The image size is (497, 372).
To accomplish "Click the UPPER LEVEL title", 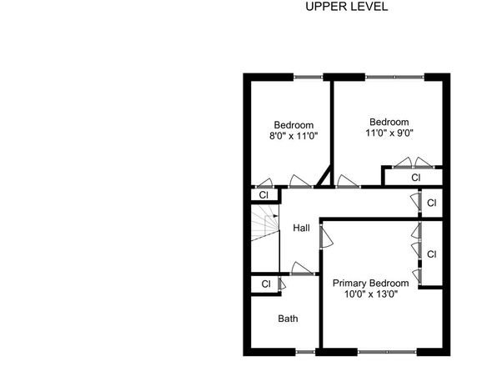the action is (346, 7).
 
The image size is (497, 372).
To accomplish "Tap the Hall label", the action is (301, 228).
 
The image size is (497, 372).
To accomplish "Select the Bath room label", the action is (288, 319).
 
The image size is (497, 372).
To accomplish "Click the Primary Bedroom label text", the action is (370, 283).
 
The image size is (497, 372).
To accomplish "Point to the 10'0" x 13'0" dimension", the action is (371, 294).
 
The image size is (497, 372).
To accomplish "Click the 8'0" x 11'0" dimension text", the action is (294, 136).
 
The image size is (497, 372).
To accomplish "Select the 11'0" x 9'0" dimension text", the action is (389, 133).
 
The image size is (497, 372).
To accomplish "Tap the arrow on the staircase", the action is (275, 216).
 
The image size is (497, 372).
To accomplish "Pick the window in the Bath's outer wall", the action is (305, 352).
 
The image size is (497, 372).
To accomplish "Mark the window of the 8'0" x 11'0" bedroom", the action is (308, 77).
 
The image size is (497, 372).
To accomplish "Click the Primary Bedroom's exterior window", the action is (387, 352).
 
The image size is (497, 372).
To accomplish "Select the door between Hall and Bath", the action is (302, 269).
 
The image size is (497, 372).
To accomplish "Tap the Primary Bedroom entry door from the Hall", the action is (326, 236).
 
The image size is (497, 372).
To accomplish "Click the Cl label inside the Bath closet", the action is (266, 284).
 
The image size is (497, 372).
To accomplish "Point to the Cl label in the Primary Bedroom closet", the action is (432, 254).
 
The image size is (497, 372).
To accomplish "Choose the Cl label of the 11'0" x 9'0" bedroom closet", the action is (416, 178).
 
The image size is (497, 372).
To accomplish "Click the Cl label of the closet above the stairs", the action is (264, 195).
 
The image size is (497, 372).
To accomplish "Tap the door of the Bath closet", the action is (282, 284).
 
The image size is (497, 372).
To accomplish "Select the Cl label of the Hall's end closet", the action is (432, 203).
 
